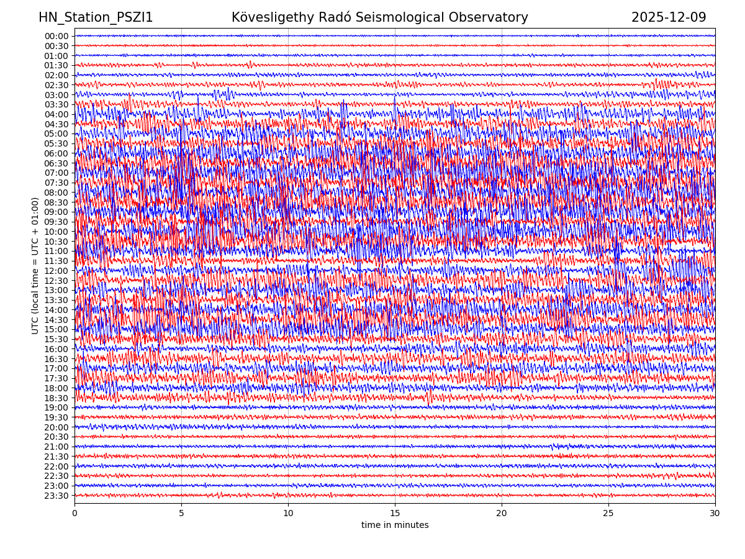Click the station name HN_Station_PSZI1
(96, 17)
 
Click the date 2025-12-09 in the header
(669, 17)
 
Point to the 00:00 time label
(56, 36)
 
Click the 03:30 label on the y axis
(56, 104)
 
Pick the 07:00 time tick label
(56, 173)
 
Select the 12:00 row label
(56, 271)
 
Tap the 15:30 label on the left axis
(56, 339)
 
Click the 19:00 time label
(56, 407)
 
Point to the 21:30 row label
(56, 457)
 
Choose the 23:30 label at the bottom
(56, 496)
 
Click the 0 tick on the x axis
(74, 514)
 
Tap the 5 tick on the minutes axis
(181, 514)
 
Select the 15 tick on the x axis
(395, 514)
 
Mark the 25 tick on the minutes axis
(608, 514)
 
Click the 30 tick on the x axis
(715, 514)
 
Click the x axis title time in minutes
(395, 525)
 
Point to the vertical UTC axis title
(35, 265)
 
